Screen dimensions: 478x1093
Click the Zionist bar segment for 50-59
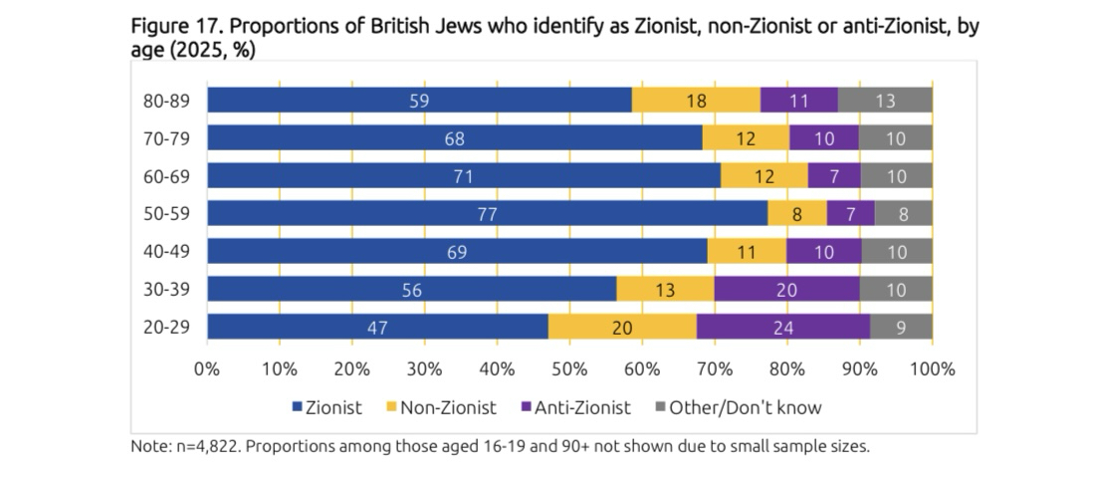coord(488,214)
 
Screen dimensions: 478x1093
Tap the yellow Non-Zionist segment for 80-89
coord(696,101)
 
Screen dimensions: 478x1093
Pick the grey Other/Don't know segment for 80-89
coord(885,101)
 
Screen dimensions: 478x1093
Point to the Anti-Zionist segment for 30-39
coord(786,290)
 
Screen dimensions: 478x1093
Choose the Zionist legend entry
coord(327,407)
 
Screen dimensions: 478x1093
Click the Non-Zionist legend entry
coord(448,407)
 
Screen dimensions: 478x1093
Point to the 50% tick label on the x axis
coord(569,369)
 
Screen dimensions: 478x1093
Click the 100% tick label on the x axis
coord(932,369)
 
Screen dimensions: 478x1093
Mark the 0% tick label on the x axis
coord(207,369)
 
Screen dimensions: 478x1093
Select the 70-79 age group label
coord(167,138)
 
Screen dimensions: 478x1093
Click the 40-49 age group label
coord(167,252)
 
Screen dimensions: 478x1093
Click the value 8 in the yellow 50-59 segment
coord(798,214)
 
